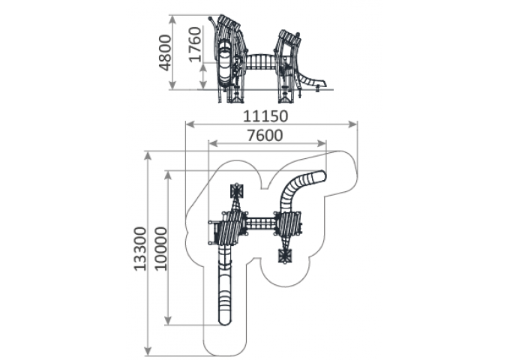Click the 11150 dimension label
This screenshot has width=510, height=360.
[x=265, y=116]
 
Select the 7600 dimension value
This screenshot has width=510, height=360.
[x=265, y=135]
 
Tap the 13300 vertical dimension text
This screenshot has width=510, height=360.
[x=140, y=249]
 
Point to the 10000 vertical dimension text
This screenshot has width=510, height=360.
[x=160, y=249]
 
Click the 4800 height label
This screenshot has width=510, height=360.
[x=165, y=52]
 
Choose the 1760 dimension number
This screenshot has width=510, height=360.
[x=195, y=44]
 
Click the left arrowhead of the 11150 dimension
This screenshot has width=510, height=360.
[x=190, y=124]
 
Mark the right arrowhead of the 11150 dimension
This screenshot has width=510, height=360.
[x=353, y=124]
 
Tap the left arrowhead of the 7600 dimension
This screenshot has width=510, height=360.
[x=213, y=143]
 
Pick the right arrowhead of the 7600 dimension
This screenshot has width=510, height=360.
[x=322, y=143]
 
